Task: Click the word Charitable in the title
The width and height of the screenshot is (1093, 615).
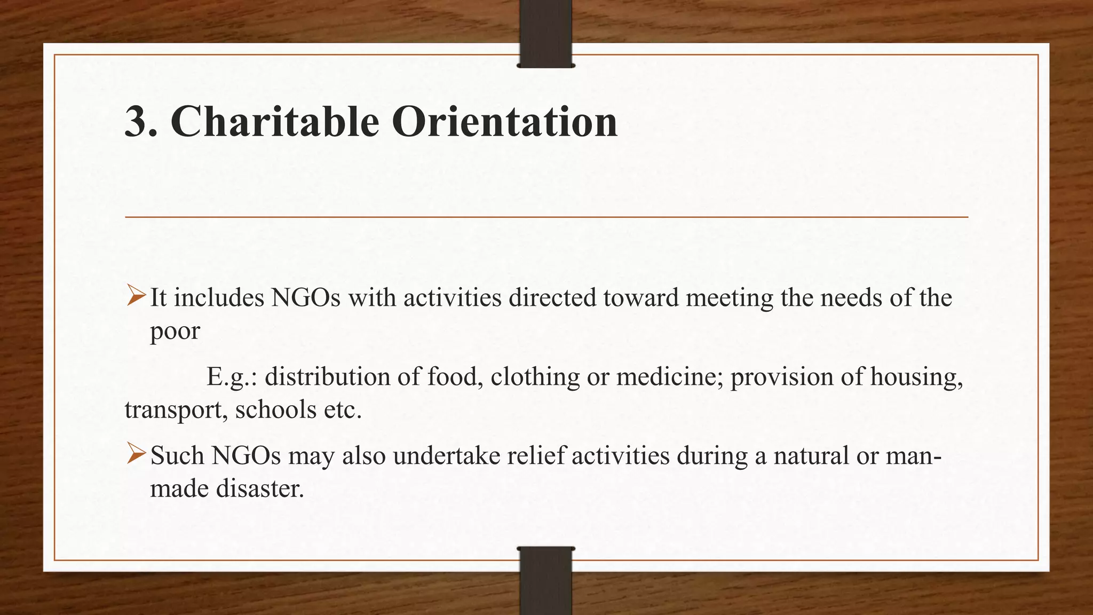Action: [x=275, y=122]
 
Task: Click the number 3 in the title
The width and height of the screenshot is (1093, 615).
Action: [x=136, y=122]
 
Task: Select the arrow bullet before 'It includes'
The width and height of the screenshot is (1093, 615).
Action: [x=136, y=296]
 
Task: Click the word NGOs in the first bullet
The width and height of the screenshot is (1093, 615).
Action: [x=305, y=297]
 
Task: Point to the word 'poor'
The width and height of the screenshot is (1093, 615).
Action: [x=175, y=331]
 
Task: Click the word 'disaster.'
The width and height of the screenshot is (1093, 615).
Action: [x=260, y=488]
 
